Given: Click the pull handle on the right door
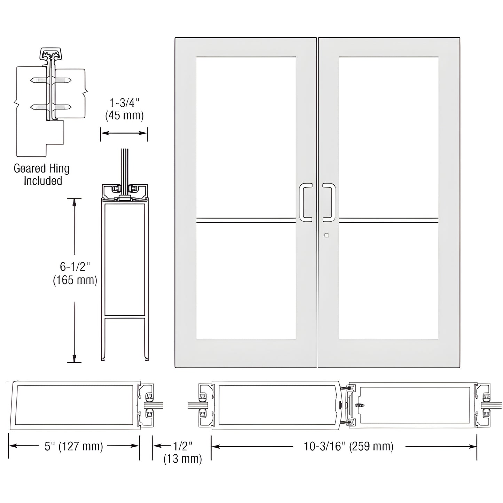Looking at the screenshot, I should [x=329, y=202].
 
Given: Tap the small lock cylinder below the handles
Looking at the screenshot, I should [x=326, y=235].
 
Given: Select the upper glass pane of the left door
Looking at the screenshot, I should [x=246, y=137].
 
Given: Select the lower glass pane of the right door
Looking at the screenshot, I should [x=388, y=281].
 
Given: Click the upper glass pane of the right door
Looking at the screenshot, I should [x=388, y=137].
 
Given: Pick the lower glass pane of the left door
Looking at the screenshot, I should [x=246, y=281].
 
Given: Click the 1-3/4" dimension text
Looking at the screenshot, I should [x=124, y=103].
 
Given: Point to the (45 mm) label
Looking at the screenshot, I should [x=124, y=116].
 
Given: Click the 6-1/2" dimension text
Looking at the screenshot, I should [x=75, y=267].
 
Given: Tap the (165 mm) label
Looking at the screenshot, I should [x=75, y=280].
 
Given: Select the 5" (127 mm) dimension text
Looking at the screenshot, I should [x=74, y=446].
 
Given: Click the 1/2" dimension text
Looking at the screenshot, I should [x=183, y=446].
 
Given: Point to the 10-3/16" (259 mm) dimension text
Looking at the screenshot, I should [x=348, y=446].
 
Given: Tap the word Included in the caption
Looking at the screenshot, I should [x=43, y=181].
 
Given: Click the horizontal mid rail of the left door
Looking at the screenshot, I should [x=246, y=220].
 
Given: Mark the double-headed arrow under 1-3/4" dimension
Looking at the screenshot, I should [x=124, y=133].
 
